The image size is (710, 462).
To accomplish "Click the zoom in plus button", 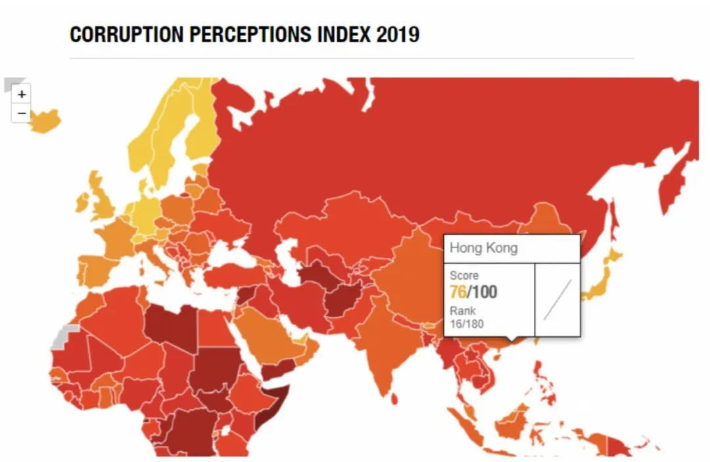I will tap(22, 94).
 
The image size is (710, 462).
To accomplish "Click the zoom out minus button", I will tap(22, 113).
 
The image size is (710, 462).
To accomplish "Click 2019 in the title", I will tap(398, 34).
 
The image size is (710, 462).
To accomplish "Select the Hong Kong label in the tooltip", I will tap(483, 248).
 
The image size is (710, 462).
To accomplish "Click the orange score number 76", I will tap(458, 292).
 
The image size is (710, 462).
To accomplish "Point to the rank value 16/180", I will tap(467, 323).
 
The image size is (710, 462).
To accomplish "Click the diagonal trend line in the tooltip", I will tap(557, 299).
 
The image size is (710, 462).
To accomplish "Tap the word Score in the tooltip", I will tap(464, 275).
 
